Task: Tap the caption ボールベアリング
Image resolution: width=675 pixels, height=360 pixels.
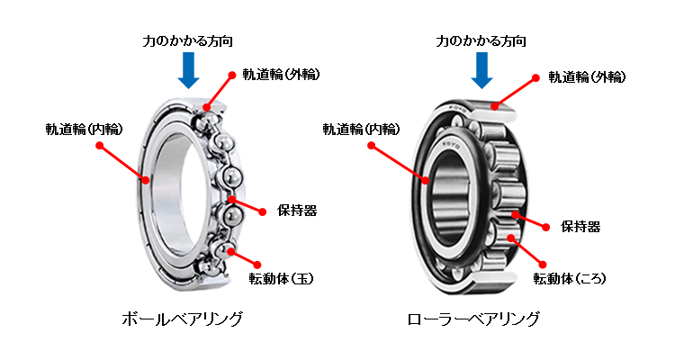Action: (x=182, y=319)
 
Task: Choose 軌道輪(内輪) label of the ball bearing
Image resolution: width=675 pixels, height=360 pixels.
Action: (x=85, y=128)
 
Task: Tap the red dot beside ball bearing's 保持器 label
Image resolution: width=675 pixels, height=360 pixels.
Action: (x=263, y=212)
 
